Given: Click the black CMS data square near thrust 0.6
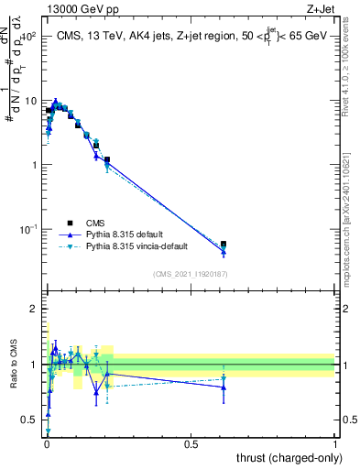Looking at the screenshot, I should click(x=224, y=245).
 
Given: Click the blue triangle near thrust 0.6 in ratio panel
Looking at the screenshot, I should click(x=224, y=387).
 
